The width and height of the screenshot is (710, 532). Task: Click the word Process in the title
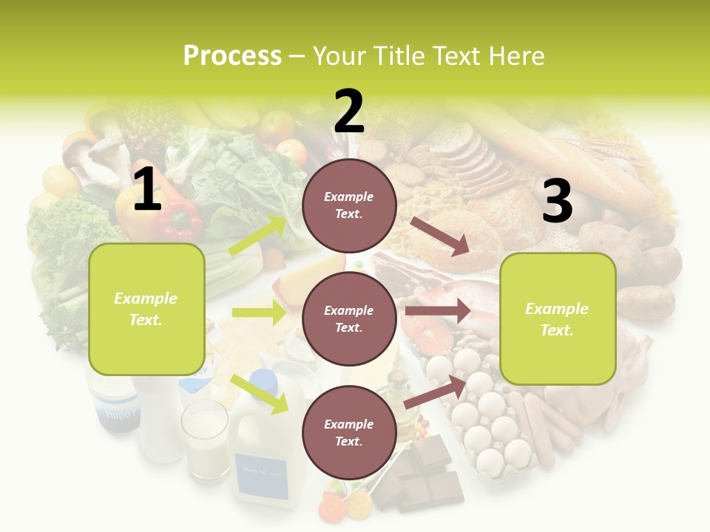click(x=232, y=56)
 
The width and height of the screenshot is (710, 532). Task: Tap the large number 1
click(x=147, y=190)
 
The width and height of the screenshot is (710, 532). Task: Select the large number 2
click(x=349, y=112)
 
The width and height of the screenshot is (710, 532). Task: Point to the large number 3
click(x=557, y=201)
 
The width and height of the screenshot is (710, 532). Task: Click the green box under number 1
click(x=146, y=309)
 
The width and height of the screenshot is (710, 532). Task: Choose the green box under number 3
click(x=558, y=318)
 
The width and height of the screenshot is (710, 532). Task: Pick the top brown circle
click(x=349, y=205)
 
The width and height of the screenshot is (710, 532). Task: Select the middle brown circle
click(x=349, y=318)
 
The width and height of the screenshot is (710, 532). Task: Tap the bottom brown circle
click(x=349, y=432)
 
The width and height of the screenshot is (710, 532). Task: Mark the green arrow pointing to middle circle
click(x=259, y=313)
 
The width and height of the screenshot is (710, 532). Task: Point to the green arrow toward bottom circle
click(x=260, y=393)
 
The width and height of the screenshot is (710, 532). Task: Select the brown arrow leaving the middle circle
click(x=438, y=311)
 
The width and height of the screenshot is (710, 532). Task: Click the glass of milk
click(x=206, y=440)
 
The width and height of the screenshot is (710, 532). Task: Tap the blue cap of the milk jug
click(x=263, y=381)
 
